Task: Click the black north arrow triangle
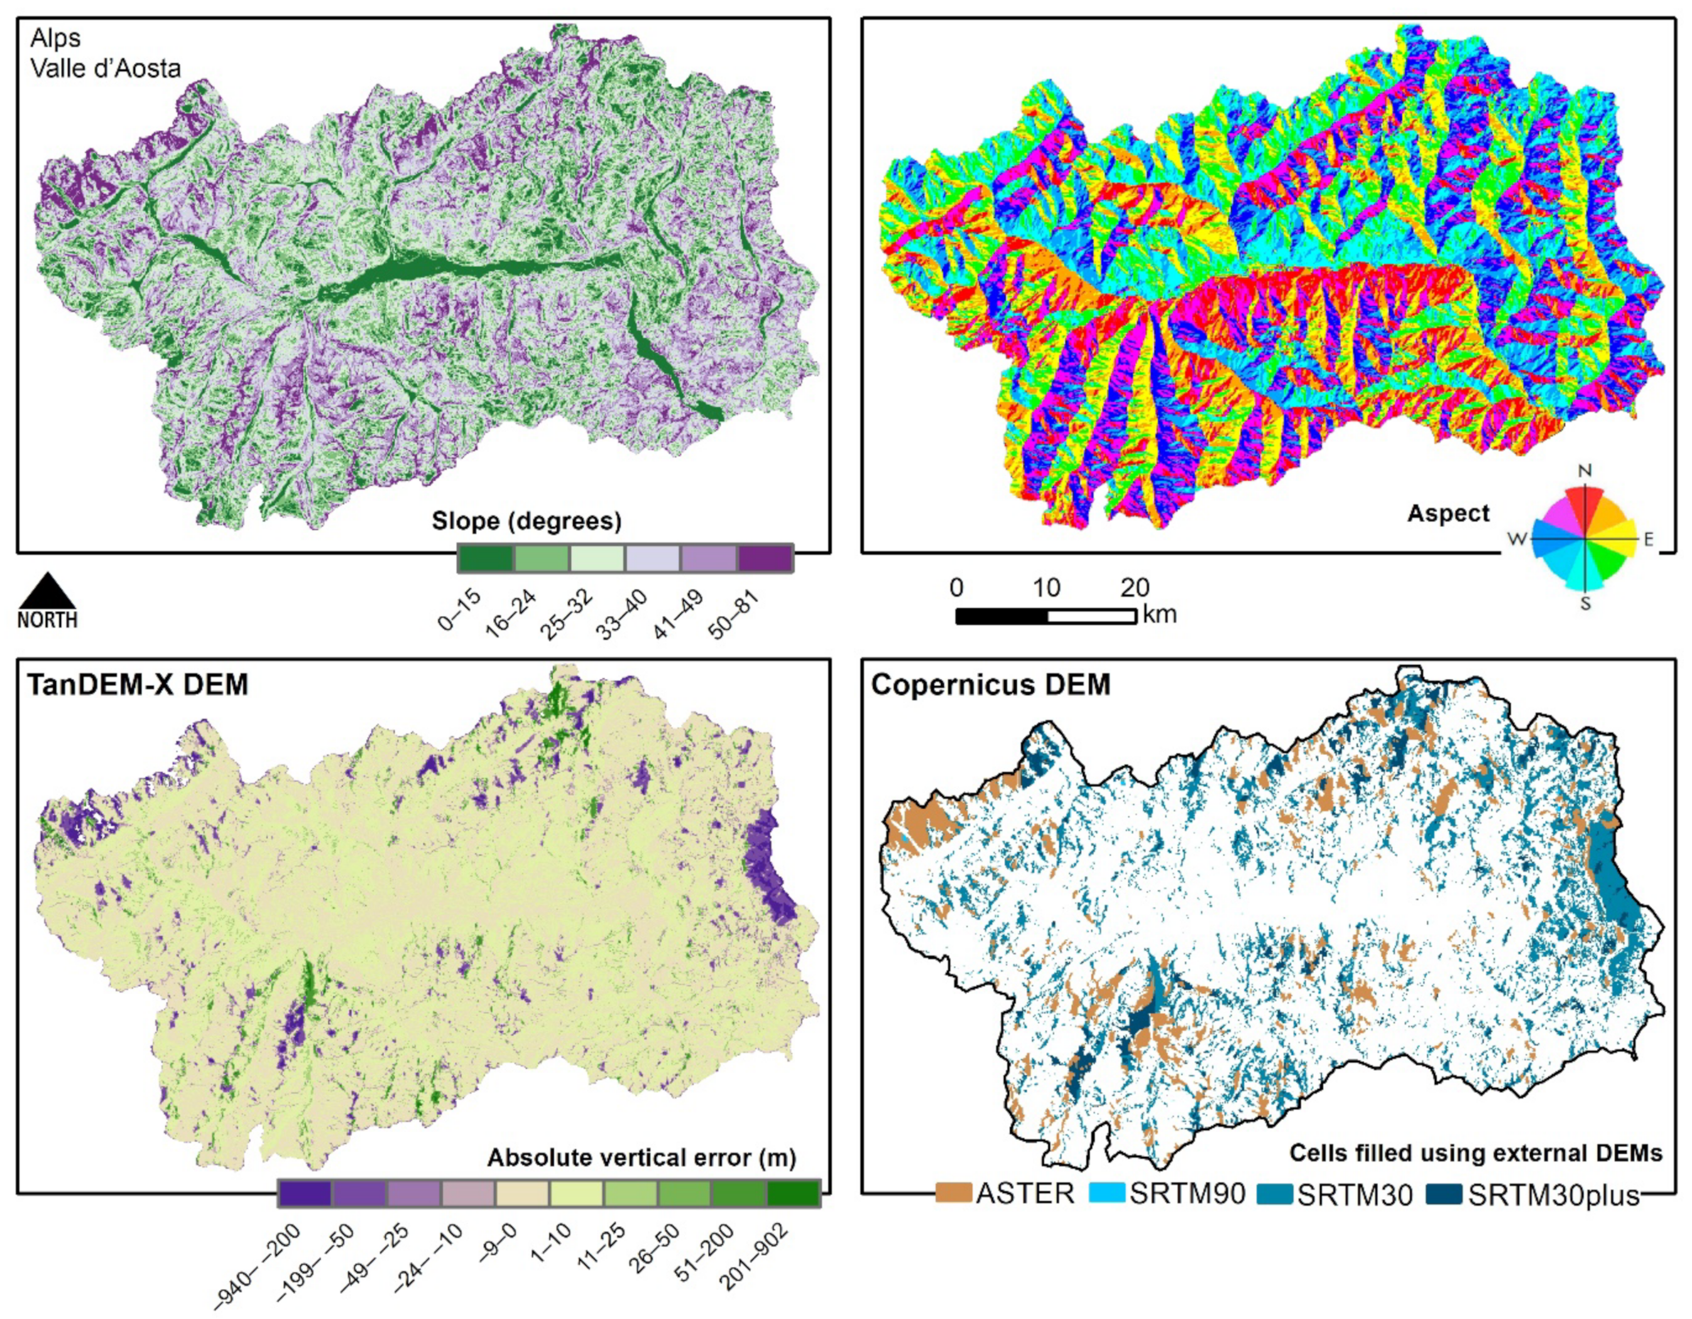pyautogui.click(x=47, y=592)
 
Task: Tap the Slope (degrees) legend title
pyautogui.click(x=526, y=521)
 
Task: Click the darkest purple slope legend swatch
pyautogui.click(x=765, y=558)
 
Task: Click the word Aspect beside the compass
pyautogui.click(x=1448, y=514)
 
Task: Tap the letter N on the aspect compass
pyautogui.click(x=1585, y=470)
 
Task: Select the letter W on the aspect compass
pyautogui.click(x=1516, y=538)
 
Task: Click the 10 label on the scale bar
pyautogui.click(x=1046, y=588)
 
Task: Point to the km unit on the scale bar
pyautogui.click(x=1160, y=615)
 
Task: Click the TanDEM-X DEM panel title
pyautogui.click(x=138, y=685)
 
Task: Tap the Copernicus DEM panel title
pyautogui.click(x=991, y=685)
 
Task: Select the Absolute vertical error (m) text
pyautogui.click(x=641, y=1159)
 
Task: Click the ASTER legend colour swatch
pyautogui.click(x=953, y=1193)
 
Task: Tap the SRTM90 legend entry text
pyautogui.click(x=1187, y=1193)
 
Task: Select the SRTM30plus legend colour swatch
pyautogui.click(x=1443, y=1193)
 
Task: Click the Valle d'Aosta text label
pyautogui.click(x=106, y=68)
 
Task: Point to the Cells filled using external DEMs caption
pyautogui.click(x=1476, y=1153)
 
